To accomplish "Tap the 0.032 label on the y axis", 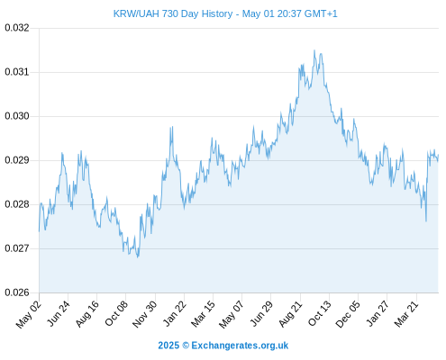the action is pos(17,28).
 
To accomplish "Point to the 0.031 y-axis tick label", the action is pos(17,72).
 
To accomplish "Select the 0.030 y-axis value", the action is pos(17,116).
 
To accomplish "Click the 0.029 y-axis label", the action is pos(17,160).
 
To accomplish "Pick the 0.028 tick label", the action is pos(17,204).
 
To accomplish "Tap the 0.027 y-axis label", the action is pos(17,248).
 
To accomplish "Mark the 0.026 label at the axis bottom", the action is pos(17,292).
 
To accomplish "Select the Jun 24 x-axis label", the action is pos(59,313).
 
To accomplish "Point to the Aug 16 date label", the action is pos(87,313).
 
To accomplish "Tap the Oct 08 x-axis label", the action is pos(116,313).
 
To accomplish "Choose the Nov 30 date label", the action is pos(145,314).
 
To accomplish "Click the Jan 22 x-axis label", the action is pos(175,313).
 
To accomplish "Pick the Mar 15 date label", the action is pos(203,313).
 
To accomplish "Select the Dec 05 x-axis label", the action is pos(348,314).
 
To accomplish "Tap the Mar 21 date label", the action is pos(406,313).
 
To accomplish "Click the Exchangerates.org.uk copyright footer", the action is pos(223,346).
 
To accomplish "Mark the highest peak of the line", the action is pos(314,50).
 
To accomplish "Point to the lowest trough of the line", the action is pos(138,257).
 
